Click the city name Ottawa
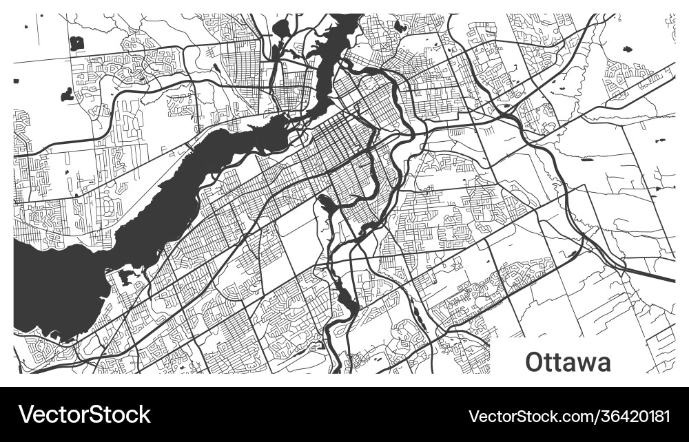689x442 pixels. pyautogui.click(x=568, y=361)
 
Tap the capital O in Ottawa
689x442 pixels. pyautogui.click(x=535, y=361)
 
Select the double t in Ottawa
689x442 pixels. pyautogui.click(x=553, y=361)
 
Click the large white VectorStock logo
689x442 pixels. pyautogui.click(x=84, y=414)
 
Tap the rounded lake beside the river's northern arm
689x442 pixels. pyautogui.click(x=282, y=28)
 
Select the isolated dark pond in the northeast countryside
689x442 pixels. pyautogui.click(x=628, y=50)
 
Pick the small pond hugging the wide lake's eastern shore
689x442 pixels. pyautogui.click(x=125, y=277)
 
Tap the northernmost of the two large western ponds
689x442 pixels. pyautogui.click(x=76, y=43)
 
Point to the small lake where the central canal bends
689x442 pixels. pyautogui.click(x=322, y=200)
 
